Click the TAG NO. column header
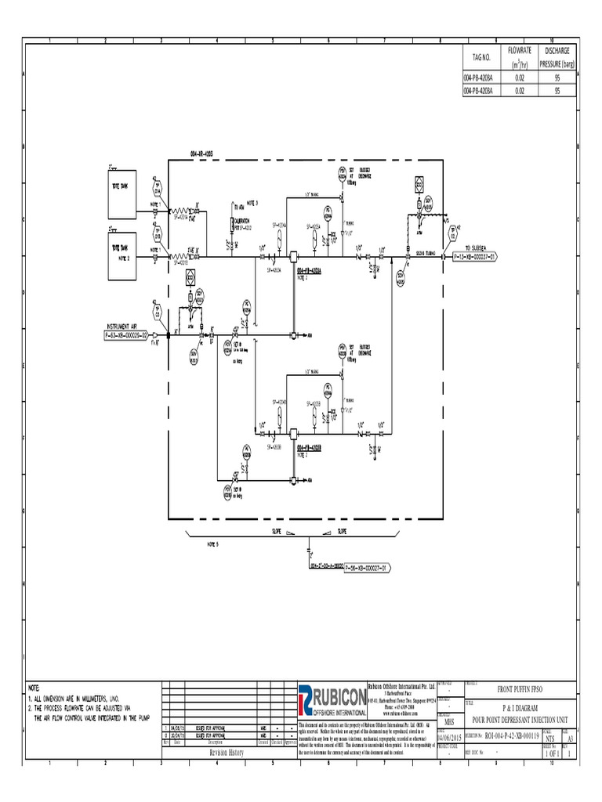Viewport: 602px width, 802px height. click(481, 58)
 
